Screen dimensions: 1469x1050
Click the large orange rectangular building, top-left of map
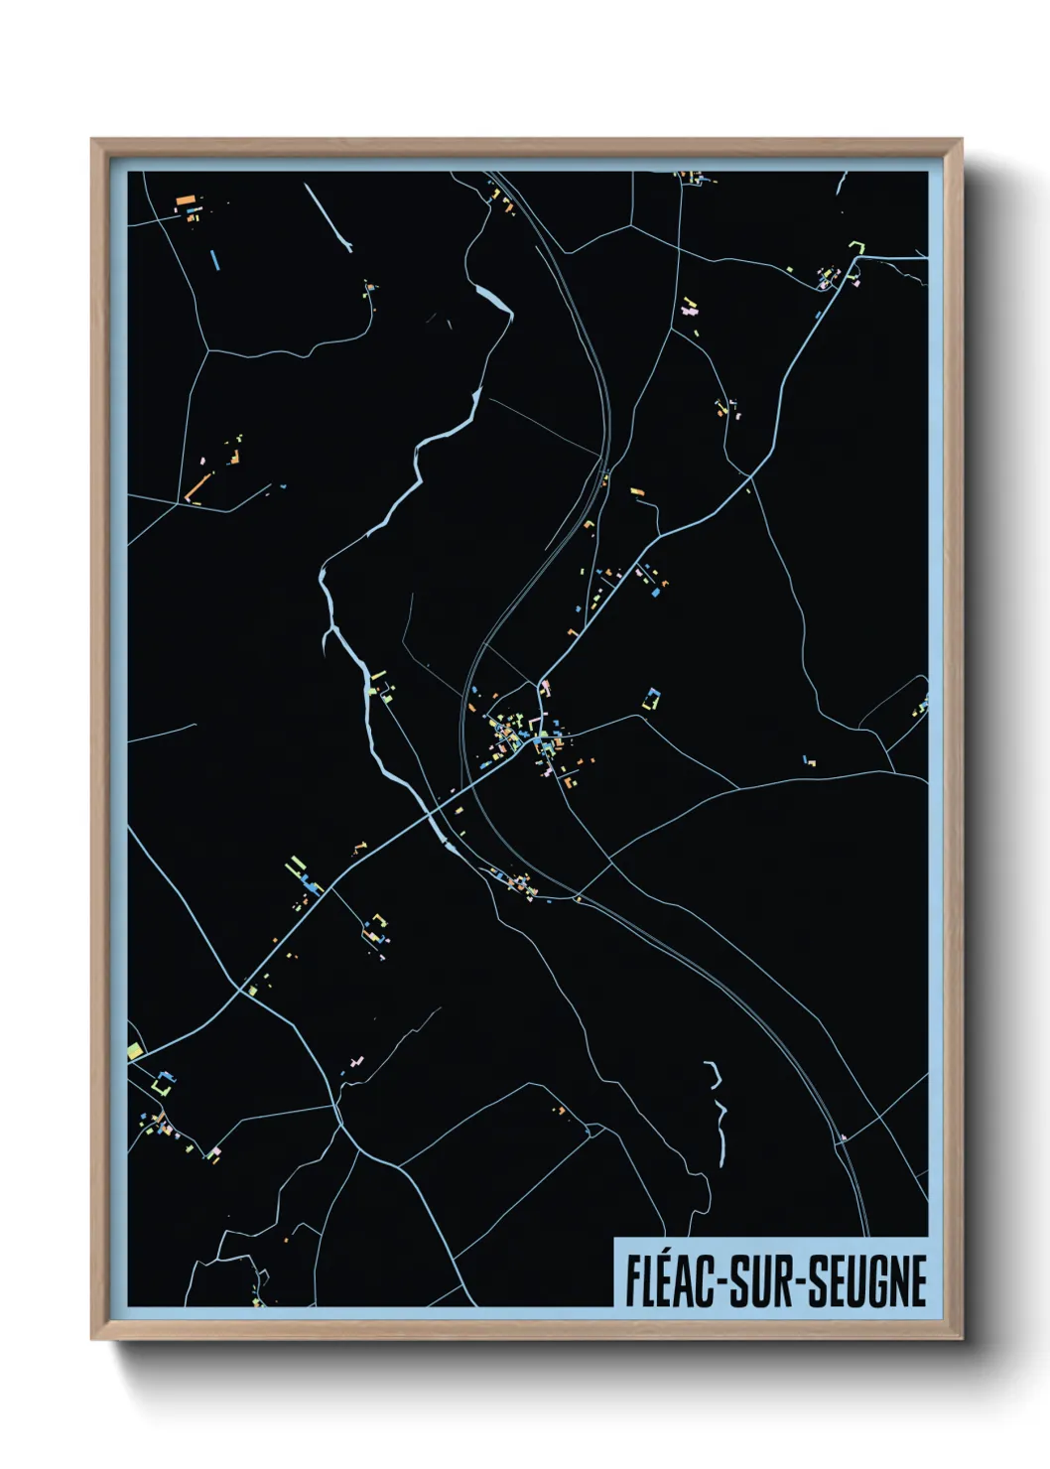tap(185, 200)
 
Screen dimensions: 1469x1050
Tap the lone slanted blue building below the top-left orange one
tap(214, 261)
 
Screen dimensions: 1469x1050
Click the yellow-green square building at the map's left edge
tap(135, 1050)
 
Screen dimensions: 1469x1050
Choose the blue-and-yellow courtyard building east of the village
tap(652, 699)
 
